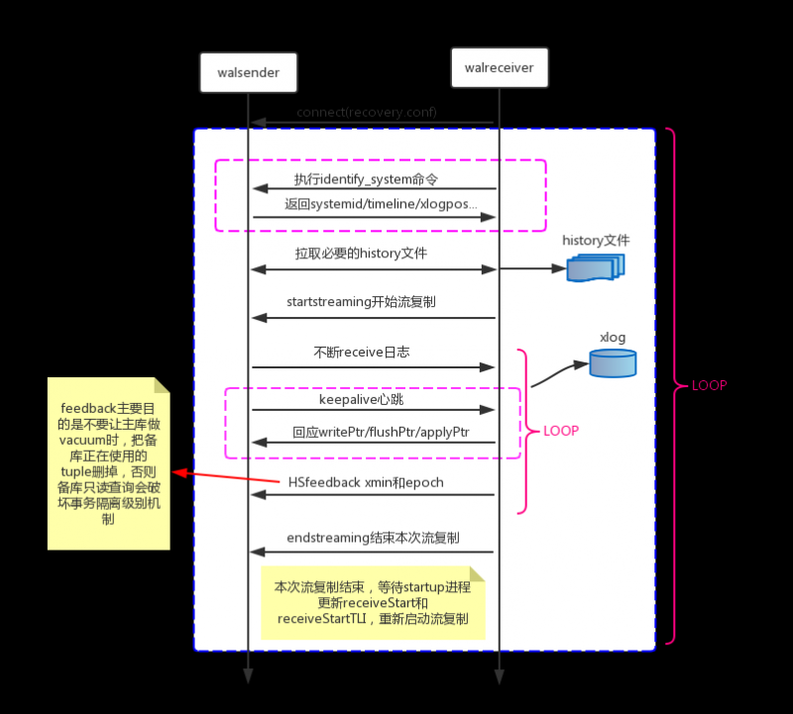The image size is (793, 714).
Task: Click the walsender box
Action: (248, 72)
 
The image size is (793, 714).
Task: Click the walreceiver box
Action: (499, 67)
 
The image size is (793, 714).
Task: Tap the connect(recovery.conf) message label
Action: (366, 112)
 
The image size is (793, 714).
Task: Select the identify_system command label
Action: (366, 179)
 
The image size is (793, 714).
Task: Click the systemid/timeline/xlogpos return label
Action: (381, 203)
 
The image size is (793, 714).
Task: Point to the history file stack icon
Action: (595, 267)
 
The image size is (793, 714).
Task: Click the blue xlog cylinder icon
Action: (613, 362)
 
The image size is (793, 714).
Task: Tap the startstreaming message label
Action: (361, 301)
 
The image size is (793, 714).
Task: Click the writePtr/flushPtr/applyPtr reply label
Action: (381, 433)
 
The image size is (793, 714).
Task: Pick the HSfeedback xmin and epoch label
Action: (366, 482)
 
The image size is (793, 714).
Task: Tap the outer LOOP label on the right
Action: (709, 385)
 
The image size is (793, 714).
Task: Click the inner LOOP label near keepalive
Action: (561, 432)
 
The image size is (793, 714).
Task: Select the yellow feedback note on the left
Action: (108, 463)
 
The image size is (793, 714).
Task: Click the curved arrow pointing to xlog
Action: (560, 373)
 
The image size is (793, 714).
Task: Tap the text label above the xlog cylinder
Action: (613, 338)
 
